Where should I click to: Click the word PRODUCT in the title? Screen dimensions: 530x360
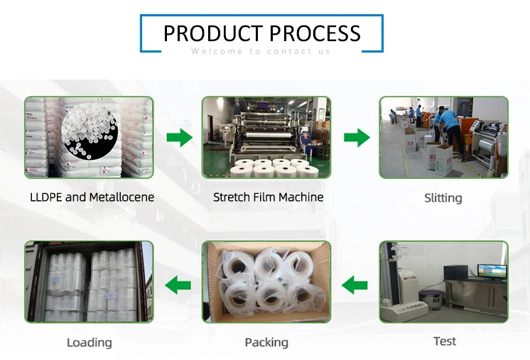[x=213, y=33]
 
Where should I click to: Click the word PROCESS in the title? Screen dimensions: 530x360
[x=315, y=33]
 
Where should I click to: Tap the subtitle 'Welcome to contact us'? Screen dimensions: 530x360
[x=261, y=51]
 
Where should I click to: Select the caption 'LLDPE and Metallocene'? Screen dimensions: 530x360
[x=92, y=197]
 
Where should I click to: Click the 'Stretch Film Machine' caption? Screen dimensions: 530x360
[x=268, y=197]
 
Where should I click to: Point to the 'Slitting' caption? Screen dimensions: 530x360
[x=443, y=198]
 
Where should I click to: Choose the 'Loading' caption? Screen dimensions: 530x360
[x=90, y=342]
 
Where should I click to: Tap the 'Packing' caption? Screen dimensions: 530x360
[x=266, y=342]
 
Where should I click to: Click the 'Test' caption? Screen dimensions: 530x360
[x=445, y=341]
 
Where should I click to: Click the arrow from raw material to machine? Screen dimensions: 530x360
[x=180, y=138]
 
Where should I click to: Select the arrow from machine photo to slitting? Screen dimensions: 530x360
[x=357, y=138]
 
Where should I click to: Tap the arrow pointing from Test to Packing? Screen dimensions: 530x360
[x=355, y=285]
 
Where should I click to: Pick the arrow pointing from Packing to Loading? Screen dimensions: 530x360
[x=178, y=285]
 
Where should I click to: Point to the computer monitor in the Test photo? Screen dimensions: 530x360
[x=492, y=272]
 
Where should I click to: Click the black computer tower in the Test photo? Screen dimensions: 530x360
[x=455, y=272]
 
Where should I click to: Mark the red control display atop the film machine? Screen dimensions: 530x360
[x=266, y=106]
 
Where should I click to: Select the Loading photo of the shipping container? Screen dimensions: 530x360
[x=89, y=282]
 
